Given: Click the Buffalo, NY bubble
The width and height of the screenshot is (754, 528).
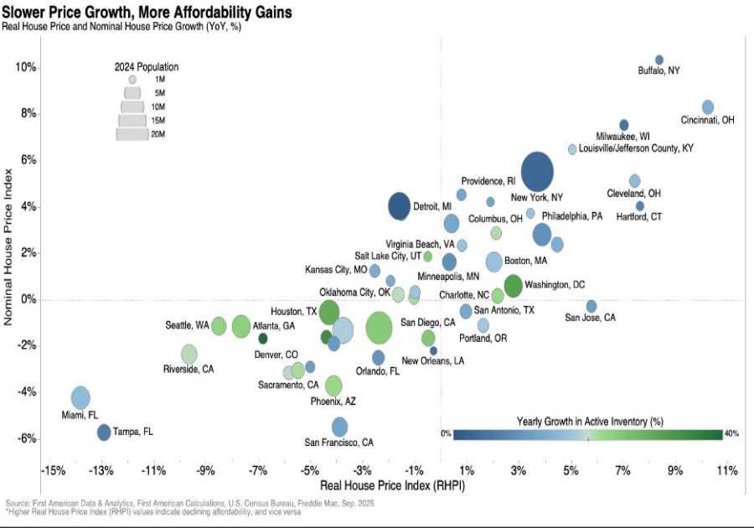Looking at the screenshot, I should click(x=658, y=60).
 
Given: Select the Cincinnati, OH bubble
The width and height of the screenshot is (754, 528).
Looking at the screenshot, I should click(x=708, y=107).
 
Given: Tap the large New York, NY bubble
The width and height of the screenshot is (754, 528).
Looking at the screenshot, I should click(x=537, y=171).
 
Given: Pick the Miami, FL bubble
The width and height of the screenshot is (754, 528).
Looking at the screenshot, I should click(x=80, y=398).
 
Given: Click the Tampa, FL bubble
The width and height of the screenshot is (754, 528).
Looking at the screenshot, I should click(x=103, y=432).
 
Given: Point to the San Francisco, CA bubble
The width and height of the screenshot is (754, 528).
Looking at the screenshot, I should click(x=339, y=427).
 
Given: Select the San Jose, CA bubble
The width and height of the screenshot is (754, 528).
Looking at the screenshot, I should click(x=591, y=306).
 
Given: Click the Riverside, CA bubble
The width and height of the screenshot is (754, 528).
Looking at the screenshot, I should click(x=189, y=354).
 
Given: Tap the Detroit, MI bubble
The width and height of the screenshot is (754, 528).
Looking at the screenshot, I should click(x=400, y=205).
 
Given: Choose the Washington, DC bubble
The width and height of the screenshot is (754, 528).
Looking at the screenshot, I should click(x=514, y=285).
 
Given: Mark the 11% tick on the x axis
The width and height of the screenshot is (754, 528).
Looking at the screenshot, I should click(x=726, y=469).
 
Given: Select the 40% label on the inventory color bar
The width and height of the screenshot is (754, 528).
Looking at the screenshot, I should click(x=730, y=433).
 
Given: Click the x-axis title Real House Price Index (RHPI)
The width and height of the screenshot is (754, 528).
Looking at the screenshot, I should click(x=393, y=485).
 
